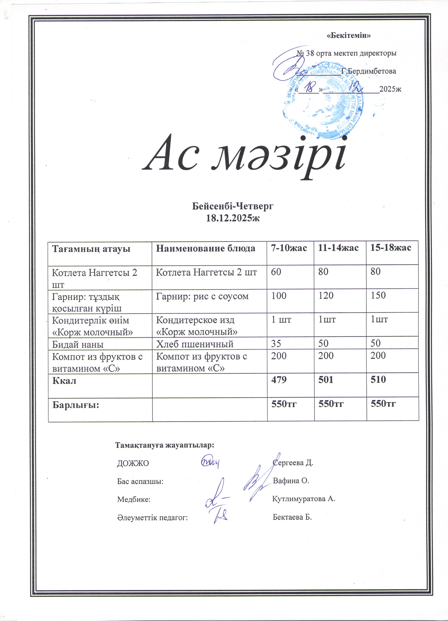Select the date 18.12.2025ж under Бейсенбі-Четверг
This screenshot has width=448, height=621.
pos(232,218)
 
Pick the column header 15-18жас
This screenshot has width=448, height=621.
pos(390,248)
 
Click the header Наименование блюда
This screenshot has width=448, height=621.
pos(206,248)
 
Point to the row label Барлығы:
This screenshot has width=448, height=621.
pos(76,405)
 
